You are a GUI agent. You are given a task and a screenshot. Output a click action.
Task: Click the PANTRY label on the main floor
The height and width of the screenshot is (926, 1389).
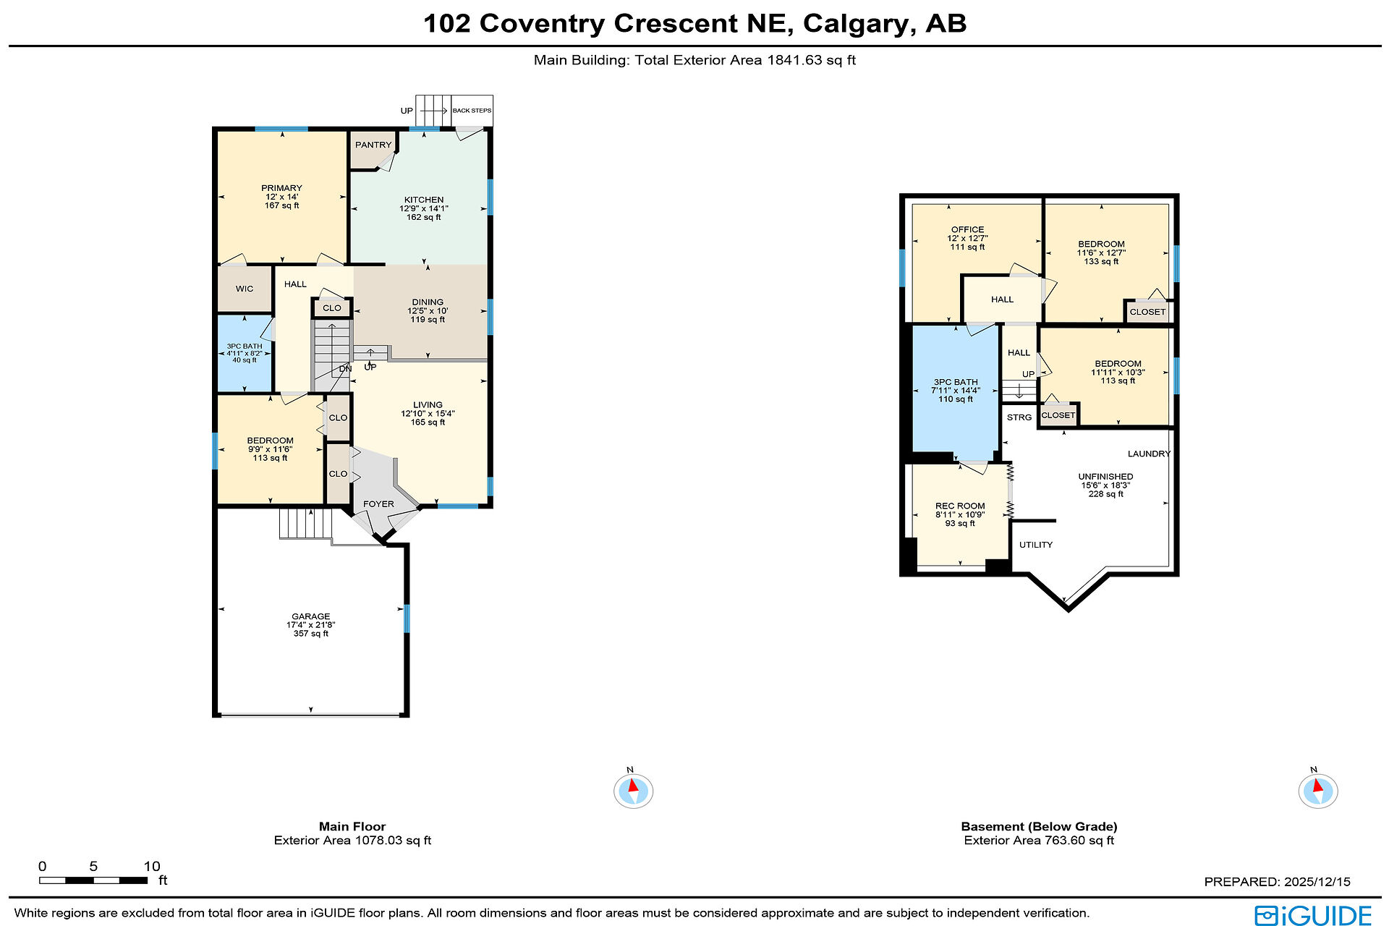[373, 145]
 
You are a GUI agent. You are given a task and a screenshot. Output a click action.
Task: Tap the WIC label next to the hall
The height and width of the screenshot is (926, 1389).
[245, 289]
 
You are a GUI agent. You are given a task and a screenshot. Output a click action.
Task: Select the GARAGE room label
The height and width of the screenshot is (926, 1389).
[311, 616]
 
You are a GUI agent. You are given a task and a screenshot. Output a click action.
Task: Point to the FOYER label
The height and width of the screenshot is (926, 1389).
[378, 504]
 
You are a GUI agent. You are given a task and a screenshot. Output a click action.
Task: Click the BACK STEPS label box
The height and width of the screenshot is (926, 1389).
[472, 111]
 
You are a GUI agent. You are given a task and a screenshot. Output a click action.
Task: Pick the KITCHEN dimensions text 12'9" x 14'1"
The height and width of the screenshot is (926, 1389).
[424, 208]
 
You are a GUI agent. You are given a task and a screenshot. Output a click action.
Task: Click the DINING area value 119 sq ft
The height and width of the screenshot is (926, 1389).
[428, 319]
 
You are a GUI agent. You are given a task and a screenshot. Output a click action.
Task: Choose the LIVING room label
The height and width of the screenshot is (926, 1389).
[428, 405]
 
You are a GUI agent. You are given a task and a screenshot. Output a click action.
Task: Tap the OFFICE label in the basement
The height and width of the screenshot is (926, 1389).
[967, 229]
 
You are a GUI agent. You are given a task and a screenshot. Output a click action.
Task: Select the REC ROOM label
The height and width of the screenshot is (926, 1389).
[960, 506]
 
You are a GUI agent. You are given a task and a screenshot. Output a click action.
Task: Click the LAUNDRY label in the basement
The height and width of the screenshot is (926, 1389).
[1149, 454]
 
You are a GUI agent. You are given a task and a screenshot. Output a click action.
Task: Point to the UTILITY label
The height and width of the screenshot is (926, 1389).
[1036, 545]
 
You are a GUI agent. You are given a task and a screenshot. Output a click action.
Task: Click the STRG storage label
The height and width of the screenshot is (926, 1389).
[1019, 417]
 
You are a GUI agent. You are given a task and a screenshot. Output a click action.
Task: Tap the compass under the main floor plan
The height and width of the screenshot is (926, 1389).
[633, 790]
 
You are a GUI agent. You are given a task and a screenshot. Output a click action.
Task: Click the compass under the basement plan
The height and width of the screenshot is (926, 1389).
[1318, 790]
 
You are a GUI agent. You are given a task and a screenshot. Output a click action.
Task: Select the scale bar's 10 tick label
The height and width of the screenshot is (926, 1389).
[152, 866]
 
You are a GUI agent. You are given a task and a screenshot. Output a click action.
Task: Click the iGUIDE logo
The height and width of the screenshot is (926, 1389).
[1313, 915]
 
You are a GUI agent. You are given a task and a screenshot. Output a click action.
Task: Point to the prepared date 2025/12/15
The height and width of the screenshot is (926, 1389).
[1317, 882]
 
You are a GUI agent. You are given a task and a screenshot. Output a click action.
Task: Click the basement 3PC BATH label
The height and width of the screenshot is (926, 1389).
[956, 382]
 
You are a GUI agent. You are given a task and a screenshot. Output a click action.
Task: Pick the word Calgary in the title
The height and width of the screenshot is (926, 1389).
[855, 24]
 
